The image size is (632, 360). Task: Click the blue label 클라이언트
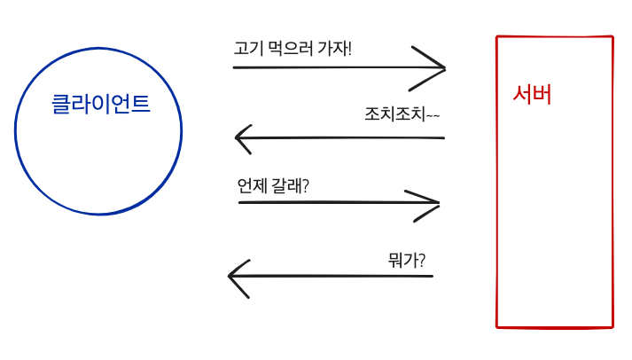click(100, 104)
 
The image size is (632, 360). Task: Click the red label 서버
click(533, 94)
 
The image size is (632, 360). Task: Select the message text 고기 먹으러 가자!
click(293, 47)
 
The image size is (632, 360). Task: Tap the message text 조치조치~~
click(402, 113)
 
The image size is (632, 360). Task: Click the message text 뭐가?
click(406, 260)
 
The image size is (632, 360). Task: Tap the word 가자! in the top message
click(335, 47)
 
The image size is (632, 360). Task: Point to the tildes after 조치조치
click(433, 114)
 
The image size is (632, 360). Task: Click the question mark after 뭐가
click(421, 260)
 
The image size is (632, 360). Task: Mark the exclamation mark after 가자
click(349, 47)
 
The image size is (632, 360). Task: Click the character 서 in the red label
click(523, 94)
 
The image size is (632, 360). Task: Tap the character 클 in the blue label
click(60, 104)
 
